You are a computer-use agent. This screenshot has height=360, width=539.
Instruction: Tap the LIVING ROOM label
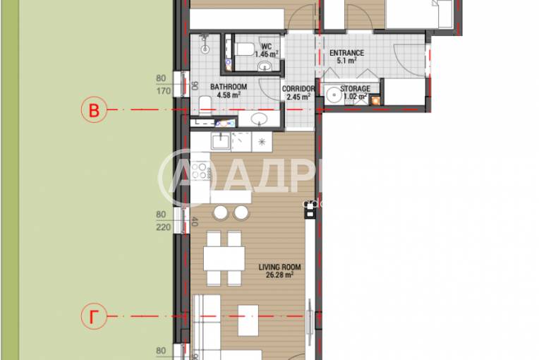[x=280, y=267]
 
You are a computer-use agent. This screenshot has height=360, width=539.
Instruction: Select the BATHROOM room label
[x=228, y=87]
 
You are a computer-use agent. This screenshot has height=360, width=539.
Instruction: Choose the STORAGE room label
[x=355, y=89]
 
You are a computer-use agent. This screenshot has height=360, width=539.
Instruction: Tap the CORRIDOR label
[x=297, y=89]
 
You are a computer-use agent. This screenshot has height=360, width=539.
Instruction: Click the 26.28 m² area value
[x=280, y=276]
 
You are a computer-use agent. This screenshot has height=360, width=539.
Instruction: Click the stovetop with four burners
[x=200, y=170]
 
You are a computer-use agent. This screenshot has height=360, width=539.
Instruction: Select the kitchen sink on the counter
[x=221, y=141]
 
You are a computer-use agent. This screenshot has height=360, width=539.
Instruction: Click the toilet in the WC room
[x=245, y=48]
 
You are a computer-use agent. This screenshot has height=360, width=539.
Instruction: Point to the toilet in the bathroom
[x=203, y=105]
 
